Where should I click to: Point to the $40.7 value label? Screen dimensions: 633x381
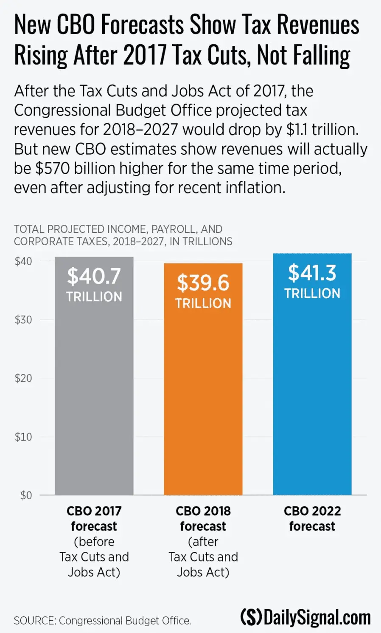[x=94, y=277]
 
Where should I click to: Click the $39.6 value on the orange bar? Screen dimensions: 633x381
[x=203, y=283]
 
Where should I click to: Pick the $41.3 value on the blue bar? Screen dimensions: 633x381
[x=312, y=273]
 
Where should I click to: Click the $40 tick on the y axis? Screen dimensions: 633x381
[x=23, y=261]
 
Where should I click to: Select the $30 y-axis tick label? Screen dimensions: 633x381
[x=23, y=320]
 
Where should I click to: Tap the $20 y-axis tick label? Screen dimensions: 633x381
[x=23, y=378]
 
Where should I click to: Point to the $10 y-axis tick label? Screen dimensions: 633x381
[x=23, y=437]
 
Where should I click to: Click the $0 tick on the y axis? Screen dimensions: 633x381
[x=26, y=495]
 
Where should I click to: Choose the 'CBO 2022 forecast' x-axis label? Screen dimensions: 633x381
[x=312, y=518]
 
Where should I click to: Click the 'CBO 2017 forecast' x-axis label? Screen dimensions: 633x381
[x=94, y=518]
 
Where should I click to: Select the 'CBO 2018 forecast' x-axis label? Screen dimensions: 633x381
[x=203, y=518]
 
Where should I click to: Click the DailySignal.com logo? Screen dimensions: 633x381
[x=305, y=617]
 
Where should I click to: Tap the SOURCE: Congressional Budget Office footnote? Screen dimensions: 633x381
[x=102, y=621]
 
